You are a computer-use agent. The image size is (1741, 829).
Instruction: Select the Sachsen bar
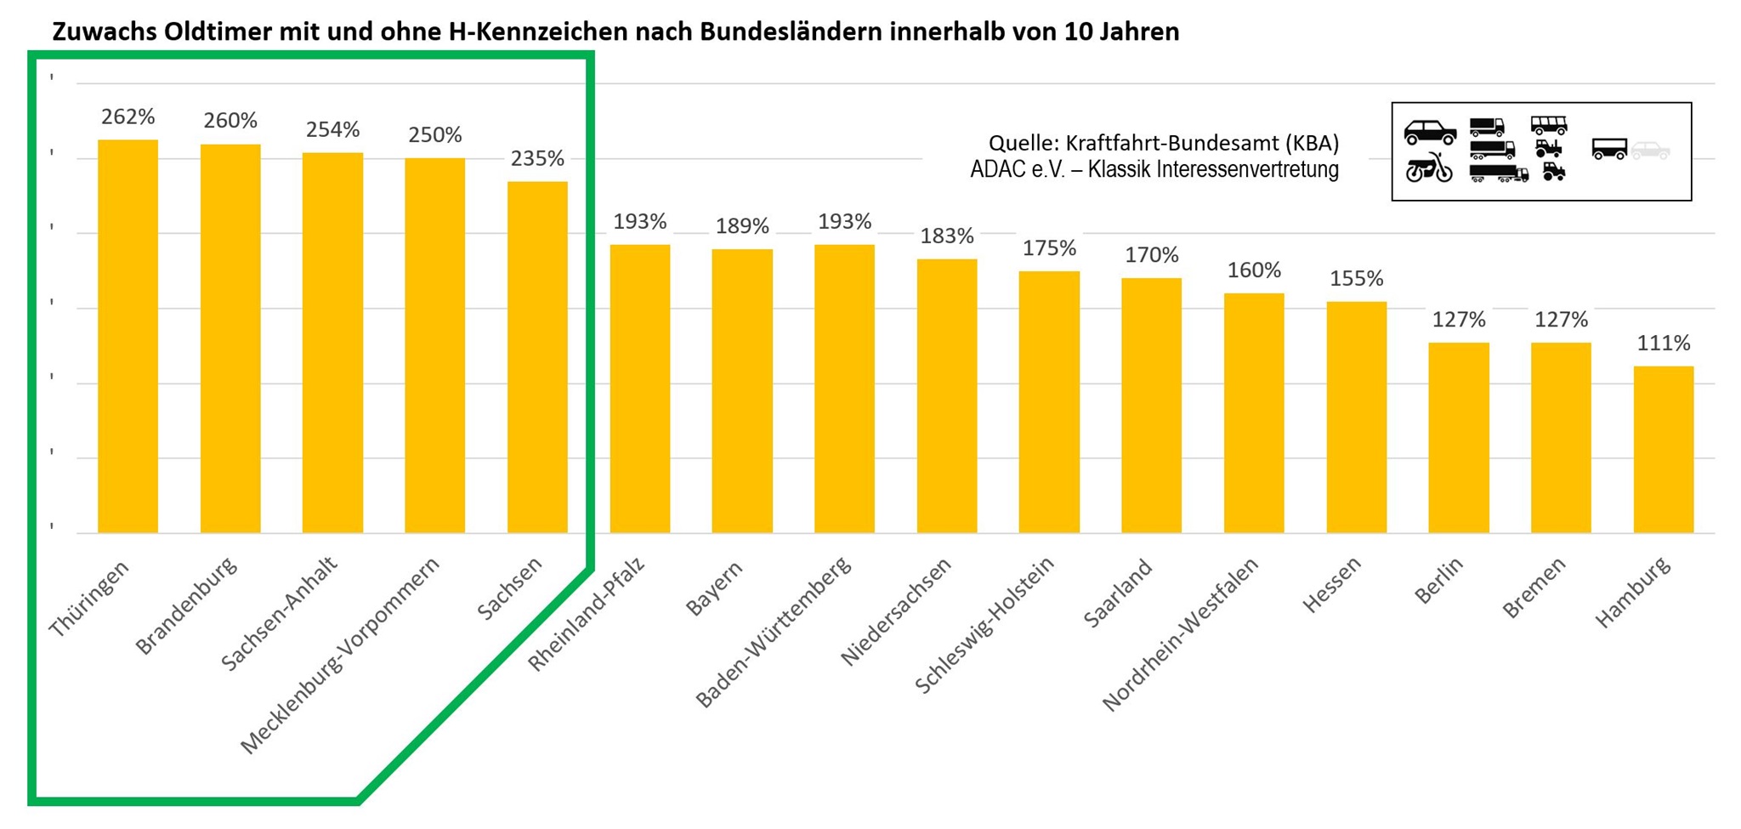click(x=537, y=357)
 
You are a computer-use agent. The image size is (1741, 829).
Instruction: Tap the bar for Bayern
click(x=742, y=391)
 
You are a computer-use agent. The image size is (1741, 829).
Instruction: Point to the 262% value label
click(x=128, y=116)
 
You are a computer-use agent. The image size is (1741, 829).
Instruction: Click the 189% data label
click(x=742, y=226)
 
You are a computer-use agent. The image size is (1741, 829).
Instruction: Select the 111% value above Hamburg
click(x=1663, y=344)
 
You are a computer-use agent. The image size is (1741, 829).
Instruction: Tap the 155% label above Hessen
click(x=1356, y=279)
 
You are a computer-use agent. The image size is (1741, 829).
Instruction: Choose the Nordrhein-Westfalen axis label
click(x=1180, y=633)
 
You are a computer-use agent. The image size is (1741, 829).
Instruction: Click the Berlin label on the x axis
click(x=1438, y=580)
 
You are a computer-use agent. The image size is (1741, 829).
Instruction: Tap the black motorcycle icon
click(x=1428, y=168)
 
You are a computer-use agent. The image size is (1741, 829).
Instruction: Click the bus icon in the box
click(x=1548, y=125)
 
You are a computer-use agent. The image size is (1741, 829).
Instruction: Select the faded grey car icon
click(x=1650, y=150)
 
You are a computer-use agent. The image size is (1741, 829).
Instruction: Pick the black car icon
click(x=1429, y=131)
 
